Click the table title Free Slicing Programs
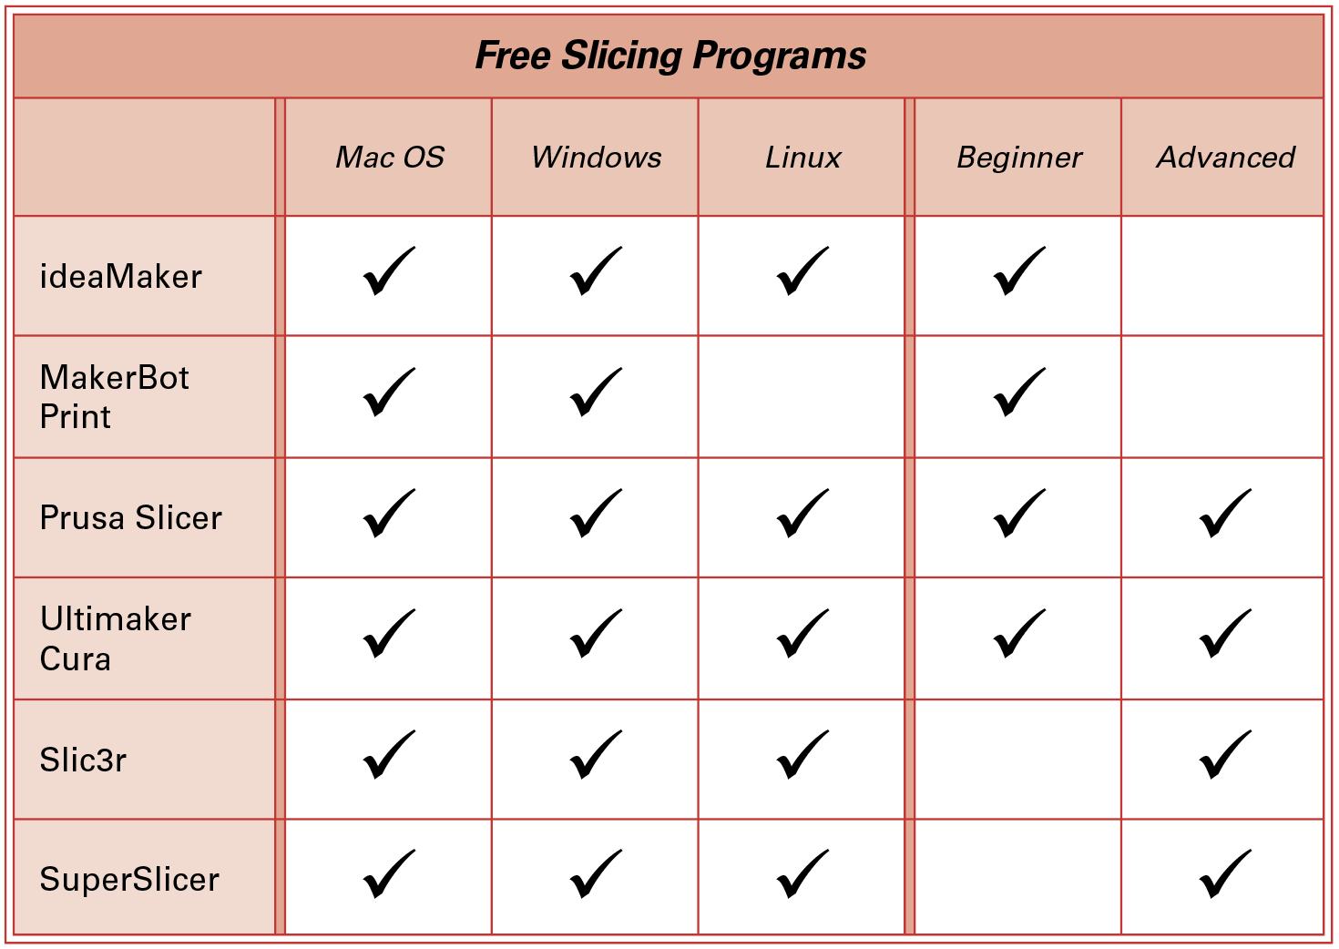(x=670, y=56)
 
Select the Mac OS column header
(x=390, y=158)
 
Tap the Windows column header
(x=596, y=158)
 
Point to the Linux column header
(x=802, y=158)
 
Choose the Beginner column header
(x=1019, y=158)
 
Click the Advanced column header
(x=1225, y=158)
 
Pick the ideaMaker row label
(x=121, y=277)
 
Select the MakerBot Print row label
(x=114, y=397)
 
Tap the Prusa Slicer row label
(x=130, y=517)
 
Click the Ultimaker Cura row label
(x=116, y=638)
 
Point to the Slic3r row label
(x=83, y=760)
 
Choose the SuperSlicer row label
(x=129, y=880)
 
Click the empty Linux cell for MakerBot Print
(x=802, y=397)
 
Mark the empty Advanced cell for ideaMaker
(x=1222, y=276)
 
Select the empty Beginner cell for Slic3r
(x=1018, y=760)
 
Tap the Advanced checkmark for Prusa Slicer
(x=1225, y=514)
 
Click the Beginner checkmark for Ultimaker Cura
(x=1019, y=634)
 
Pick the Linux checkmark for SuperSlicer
(x=802, y=874)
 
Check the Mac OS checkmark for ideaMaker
(x=389, y=271)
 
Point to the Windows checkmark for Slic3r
(x=596, y=755)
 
